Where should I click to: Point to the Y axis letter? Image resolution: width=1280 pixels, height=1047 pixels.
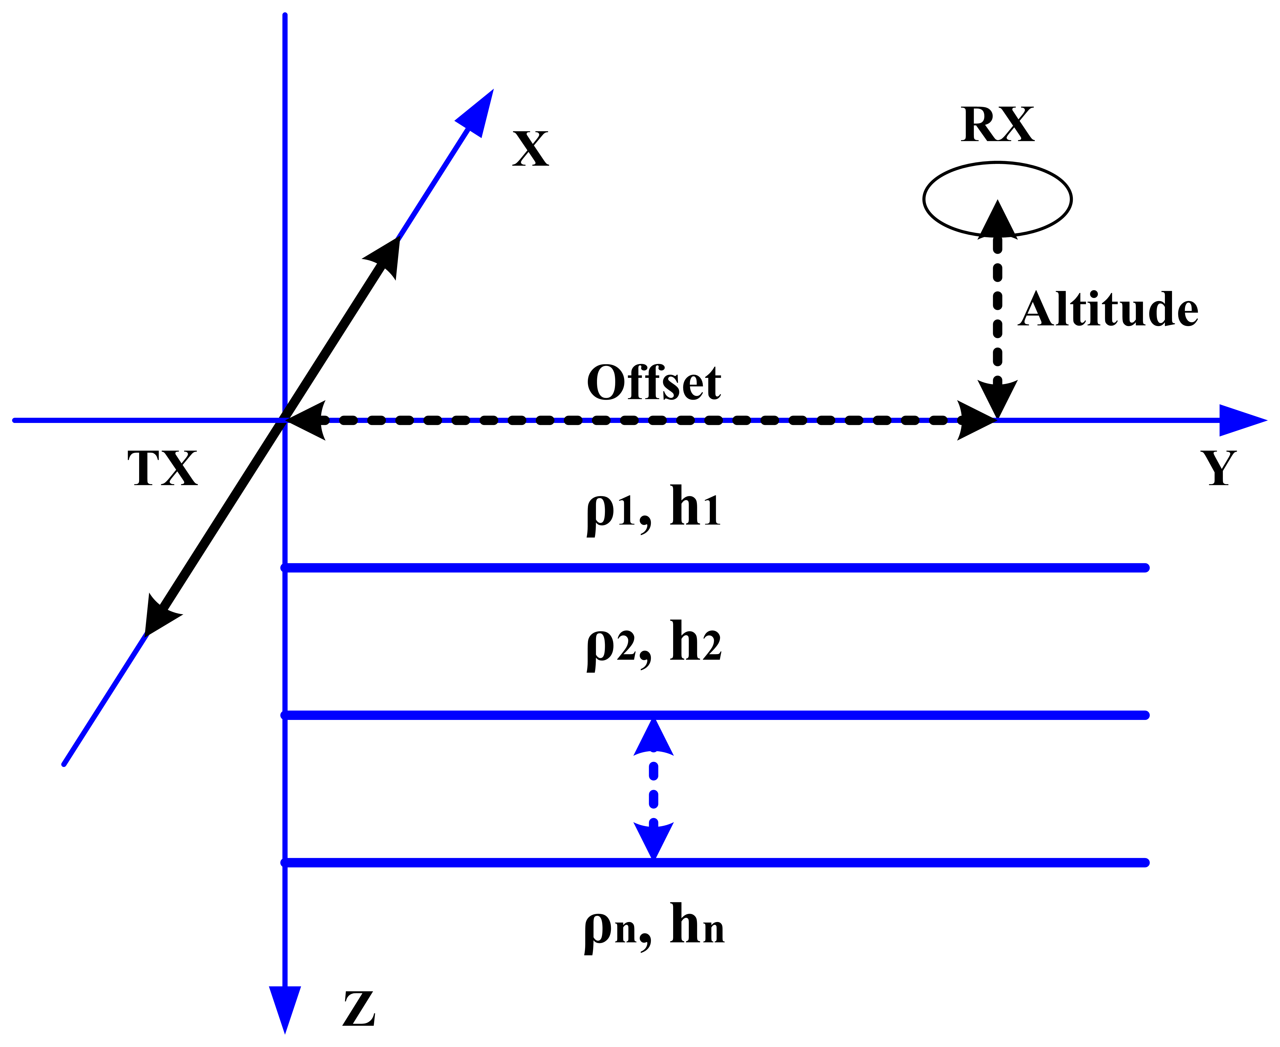coord(1219,469)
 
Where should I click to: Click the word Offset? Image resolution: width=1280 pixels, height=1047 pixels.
coord(653,383)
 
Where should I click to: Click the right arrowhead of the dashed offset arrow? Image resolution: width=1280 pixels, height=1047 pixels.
coord(974,420)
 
